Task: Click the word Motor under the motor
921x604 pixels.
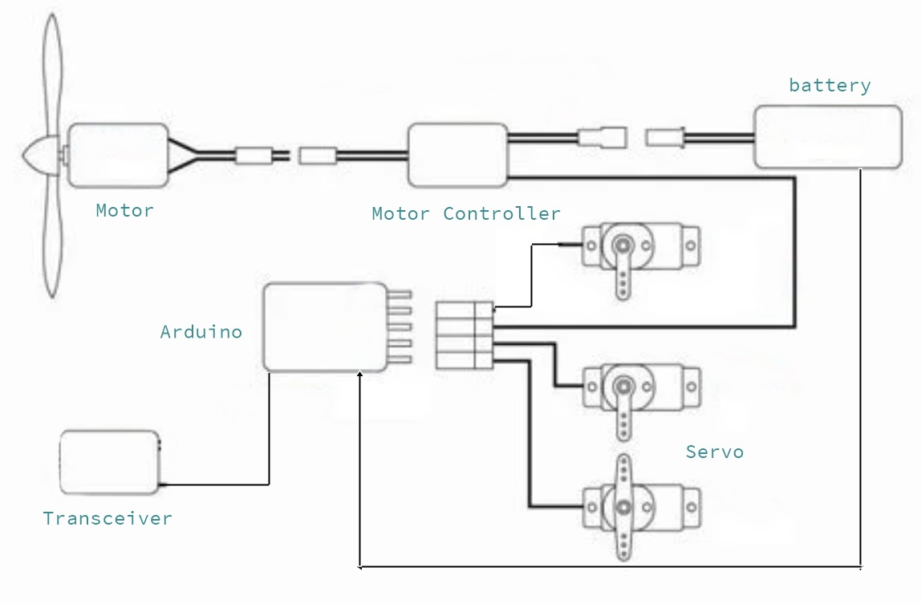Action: tap(124, 211)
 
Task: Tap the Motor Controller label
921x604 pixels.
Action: tap(465, 214)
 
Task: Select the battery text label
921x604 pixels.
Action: tap(830, 86)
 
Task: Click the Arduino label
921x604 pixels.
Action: tap(201, 332)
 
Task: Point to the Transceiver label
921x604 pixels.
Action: tap(108, 518)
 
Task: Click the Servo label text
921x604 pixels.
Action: tap(714, 452)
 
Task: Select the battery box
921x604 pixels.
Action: tap(827, 137)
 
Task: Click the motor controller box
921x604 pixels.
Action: tap(458, 155)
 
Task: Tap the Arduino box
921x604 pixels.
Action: tap(326, 327)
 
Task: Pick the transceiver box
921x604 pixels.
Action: tap(110, 463)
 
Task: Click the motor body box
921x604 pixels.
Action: tap(118, 155)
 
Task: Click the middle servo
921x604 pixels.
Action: tap(639, 387)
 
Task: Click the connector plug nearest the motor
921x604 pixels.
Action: tap(254, 155)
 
